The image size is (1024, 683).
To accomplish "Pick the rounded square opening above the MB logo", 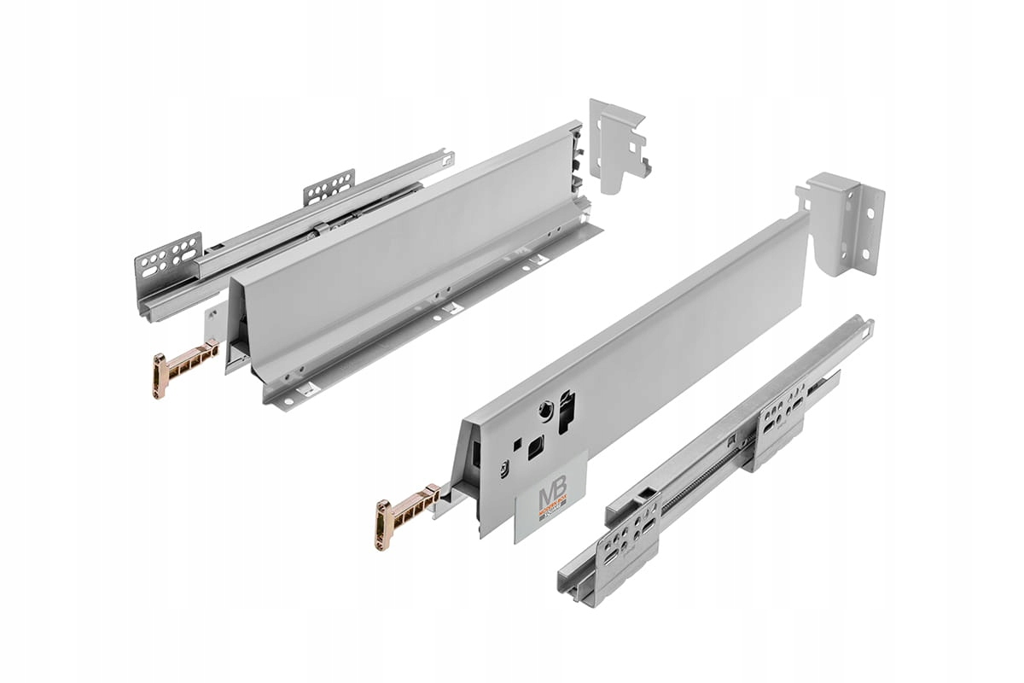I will coord(535,447).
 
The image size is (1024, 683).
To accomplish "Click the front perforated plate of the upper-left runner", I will coord(168,261).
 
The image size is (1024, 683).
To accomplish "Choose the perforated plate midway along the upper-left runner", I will coord(329,186).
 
